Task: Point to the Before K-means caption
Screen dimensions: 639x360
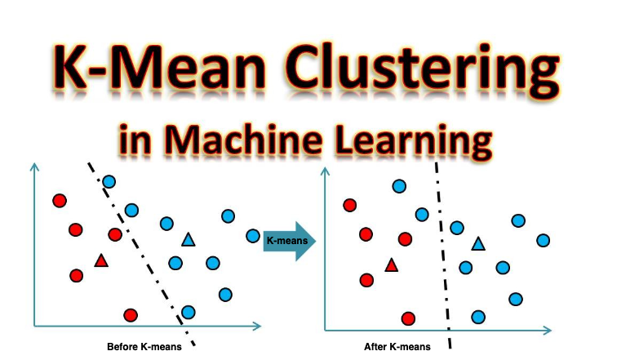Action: [x=144, y=347]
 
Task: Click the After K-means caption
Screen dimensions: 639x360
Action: [x=397, y=347]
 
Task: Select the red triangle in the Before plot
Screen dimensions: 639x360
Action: [x=101, y=261]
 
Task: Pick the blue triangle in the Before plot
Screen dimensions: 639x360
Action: [x=189, y=240]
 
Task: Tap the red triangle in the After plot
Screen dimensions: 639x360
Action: [x=391, y=264]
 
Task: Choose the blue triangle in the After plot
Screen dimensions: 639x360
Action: [x=478, y=243]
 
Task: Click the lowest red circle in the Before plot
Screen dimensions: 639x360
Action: [x=130, y=315]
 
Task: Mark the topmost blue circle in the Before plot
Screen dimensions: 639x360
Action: [x=109, y=181]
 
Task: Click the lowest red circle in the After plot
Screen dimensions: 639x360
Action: [x=409, y=318]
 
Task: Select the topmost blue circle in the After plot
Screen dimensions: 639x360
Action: [x=399, y=186]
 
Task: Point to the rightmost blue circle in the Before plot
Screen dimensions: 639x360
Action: [x=253, y=236]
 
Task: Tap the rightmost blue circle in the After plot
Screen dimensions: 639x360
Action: [x=543, y=240]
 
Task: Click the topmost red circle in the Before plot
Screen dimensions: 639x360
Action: [x=60, y=201]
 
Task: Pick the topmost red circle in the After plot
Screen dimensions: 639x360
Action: [x=350, y=205]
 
